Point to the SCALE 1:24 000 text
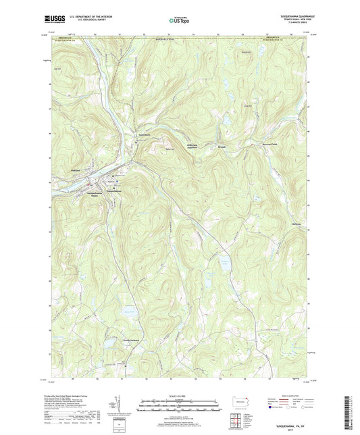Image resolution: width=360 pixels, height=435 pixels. point(179,396)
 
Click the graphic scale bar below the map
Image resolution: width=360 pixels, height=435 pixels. point(179,404)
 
